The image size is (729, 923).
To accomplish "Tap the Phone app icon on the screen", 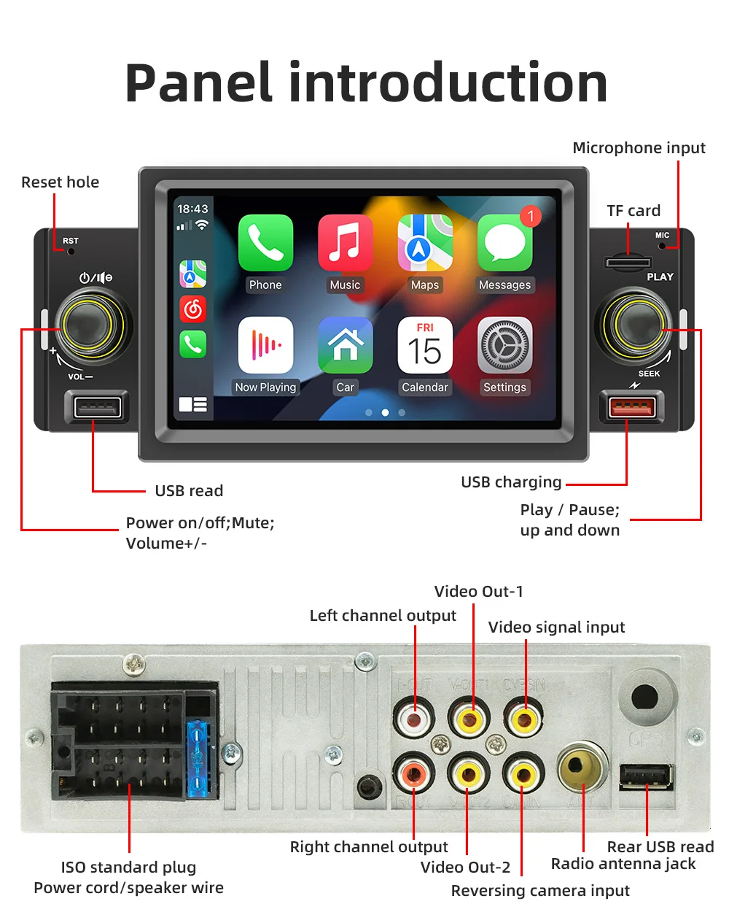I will pyautogui.click(x=265, y=243).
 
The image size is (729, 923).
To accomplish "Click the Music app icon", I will pyautogui.click(x=345, y=243).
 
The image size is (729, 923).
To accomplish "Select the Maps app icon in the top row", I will pyautogui.click(x=424, y=243).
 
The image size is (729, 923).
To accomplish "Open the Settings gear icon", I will pyautogui.click(x=504, y=345).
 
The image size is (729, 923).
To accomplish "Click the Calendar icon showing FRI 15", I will pyautogui.click(x=424, y=345).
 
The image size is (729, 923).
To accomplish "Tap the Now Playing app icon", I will pyautogui.click(x=265, y=345).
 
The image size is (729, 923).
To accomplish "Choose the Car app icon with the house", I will pyautogui.click(x=345, y=345).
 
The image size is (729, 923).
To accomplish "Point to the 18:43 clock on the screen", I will pyautogui.click(x=192, y=209).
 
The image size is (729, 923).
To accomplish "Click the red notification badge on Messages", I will pyautogui.click(x=531, y=216).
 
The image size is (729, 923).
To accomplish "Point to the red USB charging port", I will pyautogui.click(x=631, y=407).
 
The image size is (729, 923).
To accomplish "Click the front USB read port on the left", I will pyautogui.click(x=97, y=407).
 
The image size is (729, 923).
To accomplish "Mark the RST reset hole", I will pyautogui.click(x=71, y=252).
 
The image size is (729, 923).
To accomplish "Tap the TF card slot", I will pyautogui.click(x=628, y=261).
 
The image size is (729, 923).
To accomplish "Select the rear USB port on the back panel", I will pyautogui.click(x=646, y=776).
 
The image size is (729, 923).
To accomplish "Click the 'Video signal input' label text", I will pyautogui.click(x=556, y=627).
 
